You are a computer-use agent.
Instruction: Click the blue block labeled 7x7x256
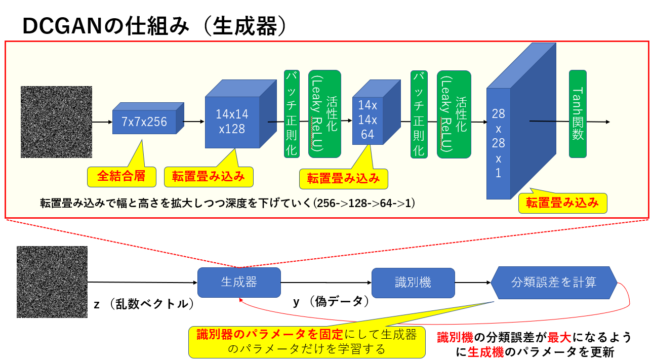pyautogui.click(x=144, y=122)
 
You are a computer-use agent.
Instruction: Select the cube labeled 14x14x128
pyautogui.click(x=232, y=122)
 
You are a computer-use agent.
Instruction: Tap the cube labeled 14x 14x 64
pyautogui.click(x=368, y=120)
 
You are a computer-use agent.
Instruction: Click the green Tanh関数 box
pyautogui.click(x=578, y=114)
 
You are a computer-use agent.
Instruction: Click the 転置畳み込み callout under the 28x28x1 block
pyautogui.click(x=562, y=203)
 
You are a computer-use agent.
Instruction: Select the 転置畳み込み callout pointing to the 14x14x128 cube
pyautogui.click(x=208, y=176)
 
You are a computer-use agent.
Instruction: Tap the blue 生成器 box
pyautogui.click(x=239, y=283)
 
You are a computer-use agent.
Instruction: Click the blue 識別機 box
pyautogui.click(x=413, y=283)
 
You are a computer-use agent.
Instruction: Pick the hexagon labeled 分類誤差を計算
pyautogui.click(x=554, y=283)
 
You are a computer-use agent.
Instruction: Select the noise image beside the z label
pyautogui.click(x=52, y=282)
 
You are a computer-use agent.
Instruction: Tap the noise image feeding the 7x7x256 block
pyautogui.click(x=57, y=122)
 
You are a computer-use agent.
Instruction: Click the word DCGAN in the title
pyautogui.click(x=59, y=26)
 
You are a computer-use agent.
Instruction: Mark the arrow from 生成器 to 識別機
pyautogui.click(x=326, y=283)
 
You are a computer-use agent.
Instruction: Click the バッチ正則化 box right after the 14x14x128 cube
pyautogui.click(x=292, y=114)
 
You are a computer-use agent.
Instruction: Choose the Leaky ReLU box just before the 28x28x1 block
pyautogui.click(x=454, y=114)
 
